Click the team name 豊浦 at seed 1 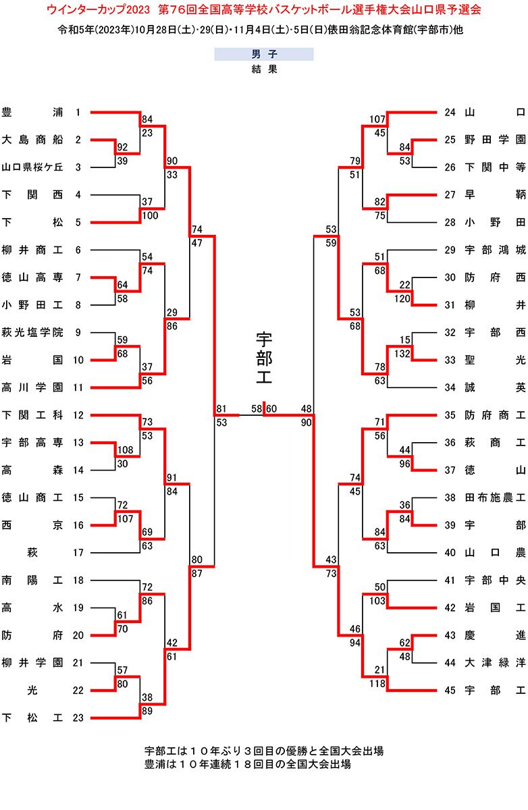pyautogui.click(x=32, y=112)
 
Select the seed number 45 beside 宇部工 pyautogui.click(x=450, y=690)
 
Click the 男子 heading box pyautogui.click(x=263, y=55)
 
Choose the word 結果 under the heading pyautogui.click(x=263, y=69)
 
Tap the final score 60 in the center pyautogui.click(x=271, y=408)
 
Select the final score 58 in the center pyautogui.click(x=257, y=408)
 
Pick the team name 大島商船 pyautogui.click(x=32, y=140)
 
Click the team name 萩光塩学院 pyautogui.click(x=32, y=332)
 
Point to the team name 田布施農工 pyautogui.click(x=495, y=497)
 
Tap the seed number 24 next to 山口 pyautogui.click(x=450, y=112)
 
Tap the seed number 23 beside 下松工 pyautogui.click(x=78, y=718)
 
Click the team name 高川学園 pyautogui.click(x=32, y=387)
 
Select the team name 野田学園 pyautogui.click(x=495, y=140)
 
